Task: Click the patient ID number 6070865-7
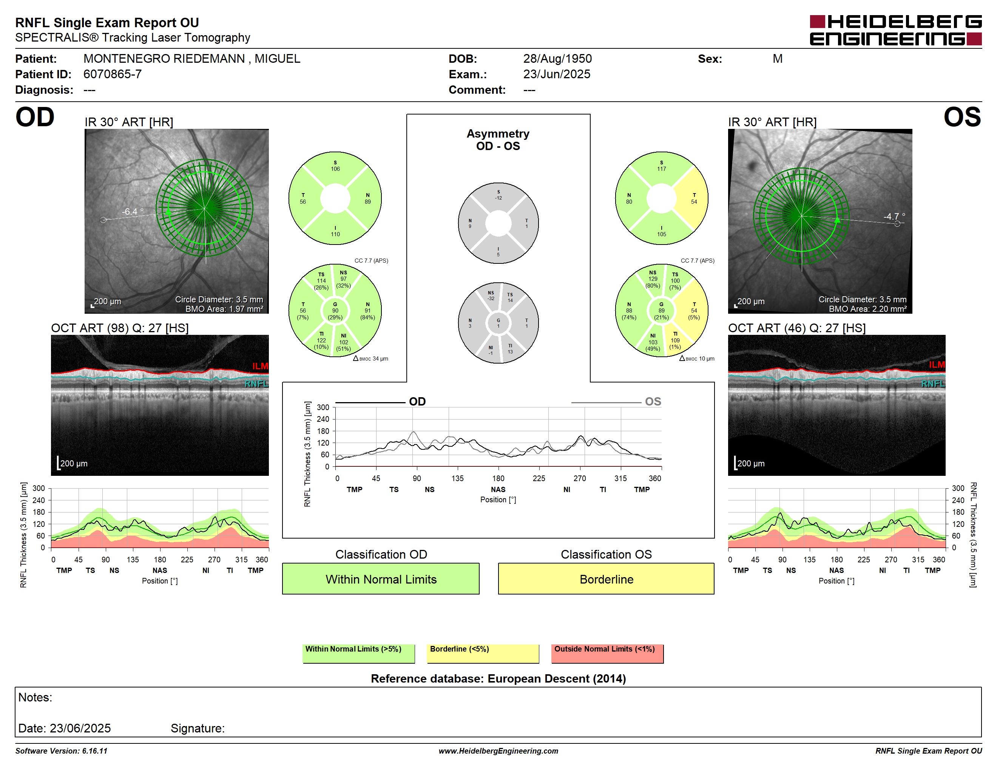(112, 74)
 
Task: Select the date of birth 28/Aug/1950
(557, 59)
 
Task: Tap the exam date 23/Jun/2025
(557, 74)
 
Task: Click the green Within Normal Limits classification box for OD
(381, 579)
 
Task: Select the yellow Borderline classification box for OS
(606, 579)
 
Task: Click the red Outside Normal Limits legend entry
(607, 653)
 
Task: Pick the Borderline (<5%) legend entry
(483, 653)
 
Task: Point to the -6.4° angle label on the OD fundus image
(133, 212)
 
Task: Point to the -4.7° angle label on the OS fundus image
(894, 216)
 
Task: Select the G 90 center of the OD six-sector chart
(335, 311)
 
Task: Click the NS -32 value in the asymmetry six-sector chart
(491, 296)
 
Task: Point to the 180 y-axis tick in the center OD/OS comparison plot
(323, 431)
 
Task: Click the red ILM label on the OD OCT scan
(260, 366)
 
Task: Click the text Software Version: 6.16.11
(61, 751)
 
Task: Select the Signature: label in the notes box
(198, 728)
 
